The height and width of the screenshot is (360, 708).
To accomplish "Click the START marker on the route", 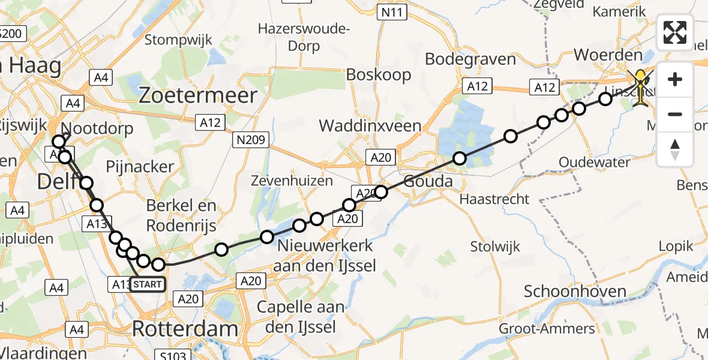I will tap(147, 284).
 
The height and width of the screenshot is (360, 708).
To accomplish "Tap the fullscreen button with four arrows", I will tap(675, 32).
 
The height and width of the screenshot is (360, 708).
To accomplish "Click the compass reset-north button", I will tap(675, 149).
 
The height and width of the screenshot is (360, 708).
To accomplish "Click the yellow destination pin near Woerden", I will tap(641, 84).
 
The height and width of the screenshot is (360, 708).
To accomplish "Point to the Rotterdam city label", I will tap(184, 329).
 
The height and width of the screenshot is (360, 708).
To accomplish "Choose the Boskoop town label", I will tap(379, 74).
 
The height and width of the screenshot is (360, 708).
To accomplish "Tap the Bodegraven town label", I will tap(470, 59).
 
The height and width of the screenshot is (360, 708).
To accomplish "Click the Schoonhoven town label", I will tap(575, 292).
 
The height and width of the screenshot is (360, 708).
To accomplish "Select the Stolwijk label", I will tap(495, 246).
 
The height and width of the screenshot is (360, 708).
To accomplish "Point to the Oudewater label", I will tap(594, 162).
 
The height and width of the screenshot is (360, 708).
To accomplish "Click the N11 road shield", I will tap(393, 11).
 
